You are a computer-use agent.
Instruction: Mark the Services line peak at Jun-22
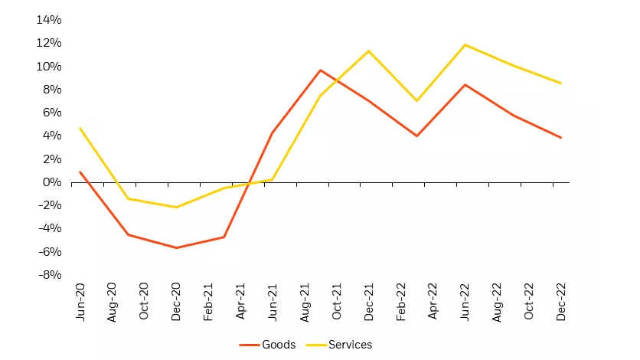click(x=465, y=44)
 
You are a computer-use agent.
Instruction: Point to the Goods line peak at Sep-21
click(x=321, y=70)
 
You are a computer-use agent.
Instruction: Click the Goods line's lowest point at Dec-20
click(x=176, y=247)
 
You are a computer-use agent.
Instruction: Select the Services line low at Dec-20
click(x=176, y=207)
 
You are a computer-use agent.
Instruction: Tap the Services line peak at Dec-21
click(x=368, y=51)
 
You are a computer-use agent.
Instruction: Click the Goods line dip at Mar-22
click(x=416, y=136)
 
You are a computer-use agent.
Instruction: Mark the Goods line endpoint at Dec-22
click(x=561, y=138)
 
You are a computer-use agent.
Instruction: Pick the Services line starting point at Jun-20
click(x=80, y=128)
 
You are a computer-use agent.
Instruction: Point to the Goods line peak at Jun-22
click(x=465, y=84)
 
